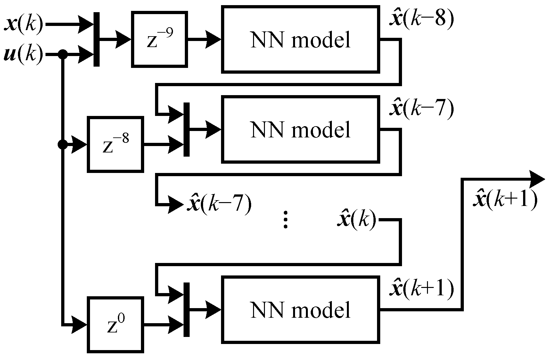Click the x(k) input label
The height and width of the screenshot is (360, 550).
click(23, 24)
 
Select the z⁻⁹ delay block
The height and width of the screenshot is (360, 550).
click(160, 40)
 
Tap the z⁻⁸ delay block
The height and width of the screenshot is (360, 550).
click(115, 144)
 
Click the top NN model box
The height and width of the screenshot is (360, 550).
click(300, 39)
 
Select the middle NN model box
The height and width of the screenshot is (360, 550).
click(300, 129)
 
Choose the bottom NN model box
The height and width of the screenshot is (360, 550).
click(300, 310)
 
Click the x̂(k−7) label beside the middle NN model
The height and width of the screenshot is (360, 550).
click(421, 109)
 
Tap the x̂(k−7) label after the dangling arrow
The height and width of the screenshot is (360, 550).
click(219, 204)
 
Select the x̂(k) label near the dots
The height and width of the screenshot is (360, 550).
click(356, 220)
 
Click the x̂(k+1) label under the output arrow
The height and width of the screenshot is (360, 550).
click(505, 200)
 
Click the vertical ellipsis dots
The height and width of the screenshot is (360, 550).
click(285, 220)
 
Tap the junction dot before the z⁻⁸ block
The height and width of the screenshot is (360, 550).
click(63, 144)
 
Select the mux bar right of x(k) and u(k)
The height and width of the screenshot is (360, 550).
click(96, 39)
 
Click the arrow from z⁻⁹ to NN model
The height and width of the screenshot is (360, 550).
click(205, 40)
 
